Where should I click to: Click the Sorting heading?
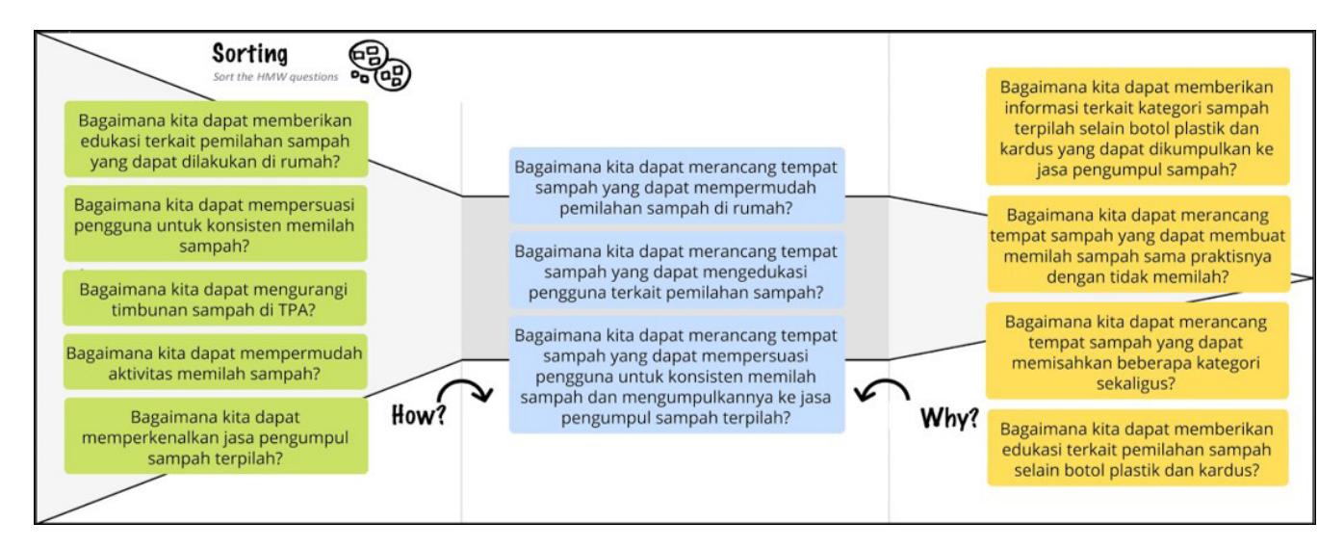click(x=249, y=53)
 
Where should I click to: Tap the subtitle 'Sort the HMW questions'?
click(x=275, y=77)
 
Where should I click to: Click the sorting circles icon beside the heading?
click(x=379, y=65)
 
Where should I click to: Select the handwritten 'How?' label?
click(x=418, y=415)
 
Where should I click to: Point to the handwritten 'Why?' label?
click(x=949, y=418)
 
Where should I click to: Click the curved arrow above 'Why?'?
click(x=882, y=388)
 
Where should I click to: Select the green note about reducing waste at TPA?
click(x=215, y=299)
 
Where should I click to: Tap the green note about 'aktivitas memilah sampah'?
click(x=215, y=362)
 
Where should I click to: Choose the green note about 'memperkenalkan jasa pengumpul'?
click(x=216, y=436)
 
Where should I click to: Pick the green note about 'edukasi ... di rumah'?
click(x=216, y=140)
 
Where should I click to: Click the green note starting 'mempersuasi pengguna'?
click(x=216, y=223)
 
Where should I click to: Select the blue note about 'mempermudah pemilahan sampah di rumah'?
click(x=677, y=186)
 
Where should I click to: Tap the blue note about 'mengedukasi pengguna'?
click(x=677, y=271)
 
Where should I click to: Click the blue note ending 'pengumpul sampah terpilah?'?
click(x=677, y=376)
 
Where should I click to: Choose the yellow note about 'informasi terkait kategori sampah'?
click(x=1138, y=126)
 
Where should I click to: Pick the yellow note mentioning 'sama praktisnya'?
click(x=1138, y=245)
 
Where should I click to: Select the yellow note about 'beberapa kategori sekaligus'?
click(x=1137, y=352)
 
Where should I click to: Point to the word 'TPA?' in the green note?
click(x=296, y=310)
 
